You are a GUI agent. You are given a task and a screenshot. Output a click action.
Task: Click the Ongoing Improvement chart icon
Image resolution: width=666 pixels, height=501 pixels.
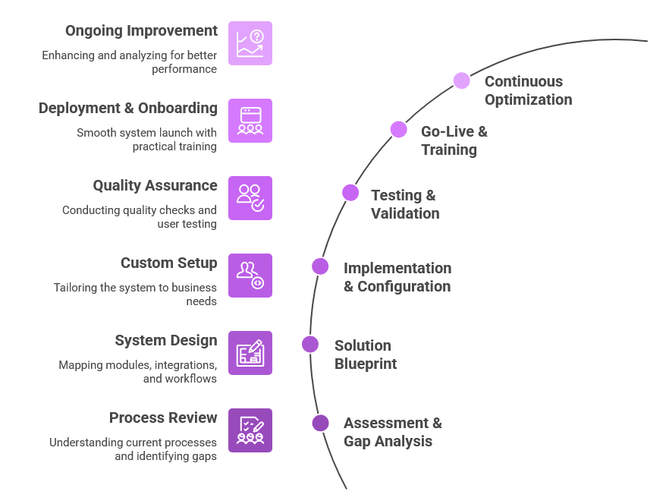[x=250, y=43]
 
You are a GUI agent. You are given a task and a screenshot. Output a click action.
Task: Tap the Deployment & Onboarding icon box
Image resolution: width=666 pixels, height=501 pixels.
[x=250, y=121]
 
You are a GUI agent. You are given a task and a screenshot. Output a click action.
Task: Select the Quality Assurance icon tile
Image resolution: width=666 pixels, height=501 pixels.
[x=250, y=198]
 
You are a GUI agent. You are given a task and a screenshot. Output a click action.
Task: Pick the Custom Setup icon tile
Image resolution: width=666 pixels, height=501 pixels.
[x=250, y=276]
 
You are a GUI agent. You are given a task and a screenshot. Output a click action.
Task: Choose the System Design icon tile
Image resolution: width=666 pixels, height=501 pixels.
[x=250, y=353]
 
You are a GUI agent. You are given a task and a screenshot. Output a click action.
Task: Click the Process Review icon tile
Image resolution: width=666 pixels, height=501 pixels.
[x=250, y=430]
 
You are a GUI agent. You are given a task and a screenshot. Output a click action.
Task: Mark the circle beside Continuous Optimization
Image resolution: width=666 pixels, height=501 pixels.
[x=461, y=80]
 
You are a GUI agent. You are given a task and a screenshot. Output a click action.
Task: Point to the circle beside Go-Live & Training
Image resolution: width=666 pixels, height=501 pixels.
[x=399, y=130]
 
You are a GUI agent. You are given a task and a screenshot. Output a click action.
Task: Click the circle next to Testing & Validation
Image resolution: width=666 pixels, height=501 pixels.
[x=350, y=193]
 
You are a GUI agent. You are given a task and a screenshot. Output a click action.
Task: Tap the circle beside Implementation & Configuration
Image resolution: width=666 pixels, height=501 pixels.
[x=320, y=266]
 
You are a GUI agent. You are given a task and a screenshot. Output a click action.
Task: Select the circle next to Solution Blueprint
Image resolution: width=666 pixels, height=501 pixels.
[x=310, y=345]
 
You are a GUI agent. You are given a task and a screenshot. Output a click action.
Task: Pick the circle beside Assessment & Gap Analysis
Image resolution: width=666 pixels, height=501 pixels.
[x=320, y=423]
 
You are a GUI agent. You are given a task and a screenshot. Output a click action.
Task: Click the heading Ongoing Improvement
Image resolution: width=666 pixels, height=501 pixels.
[x=141, y=31]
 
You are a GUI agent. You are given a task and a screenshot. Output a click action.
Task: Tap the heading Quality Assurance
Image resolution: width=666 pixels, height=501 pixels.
[x=155, y=186]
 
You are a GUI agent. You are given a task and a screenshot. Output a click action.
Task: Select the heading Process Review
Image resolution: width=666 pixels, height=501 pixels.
[x=163, y=418]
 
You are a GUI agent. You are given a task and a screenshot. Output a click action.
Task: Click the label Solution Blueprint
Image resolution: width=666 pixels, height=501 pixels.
[x=365, y=354]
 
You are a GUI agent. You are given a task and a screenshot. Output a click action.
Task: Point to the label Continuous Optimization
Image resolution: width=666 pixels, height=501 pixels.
[x=528, y=90]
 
